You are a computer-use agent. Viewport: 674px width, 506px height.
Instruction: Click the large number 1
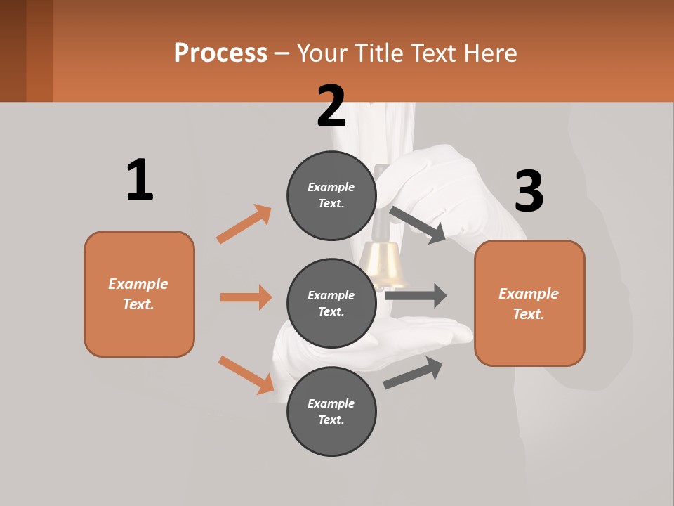[x=140, y=180]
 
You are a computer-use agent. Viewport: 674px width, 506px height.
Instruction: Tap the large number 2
[x=331, y=106]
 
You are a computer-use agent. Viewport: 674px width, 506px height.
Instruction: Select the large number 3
[x=529, y=192]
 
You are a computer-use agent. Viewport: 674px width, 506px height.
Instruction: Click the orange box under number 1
[x=139, y=294]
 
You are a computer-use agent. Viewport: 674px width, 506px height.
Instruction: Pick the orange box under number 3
[x=529, y=304]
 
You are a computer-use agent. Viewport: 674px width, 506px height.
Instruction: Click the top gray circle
[x=331, y=195]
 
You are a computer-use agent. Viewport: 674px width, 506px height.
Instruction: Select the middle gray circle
[x=331, y=303]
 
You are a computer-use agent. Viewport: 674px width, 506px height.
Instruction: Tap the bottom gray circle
[x=331, y=411]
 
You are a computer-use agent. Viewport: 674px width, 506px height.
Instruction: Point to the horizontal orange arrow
[x=246, y=297]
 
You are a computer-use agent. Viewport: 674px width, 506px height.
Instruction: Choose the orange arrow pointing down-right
[x=246, y=375]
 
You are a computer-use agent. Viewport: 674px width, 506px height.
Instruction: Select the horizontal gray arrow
[x=416, y=295]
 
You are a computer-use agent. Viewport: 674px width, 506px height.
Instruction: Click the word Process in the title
[x=220, y=53]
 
